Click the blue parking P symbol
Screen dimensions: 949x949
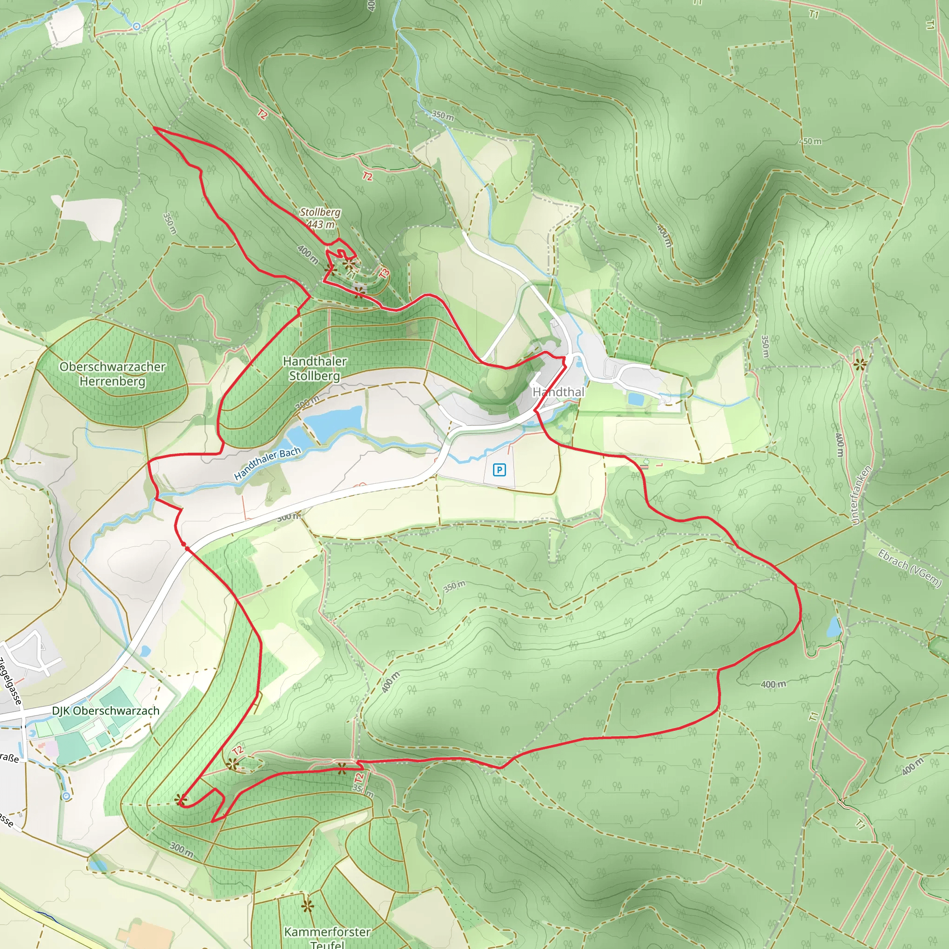tap(499, 470)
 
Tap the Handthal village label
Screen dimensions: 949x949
tap(558, 392)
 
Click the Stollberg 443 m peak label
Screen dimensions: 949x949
tap(320, 218)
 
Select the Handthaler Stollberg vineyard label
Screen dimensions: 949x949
tap(315, 368)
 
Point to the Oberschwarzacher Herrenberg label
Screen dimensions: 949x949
tap(113, 374)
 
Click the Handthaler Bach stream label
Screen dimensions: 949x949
tap(267, 463)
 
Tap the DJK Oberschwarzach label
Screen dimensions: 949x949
tap(106, 711)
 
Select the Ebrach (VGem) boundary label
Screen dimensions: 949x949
tap(910, 568)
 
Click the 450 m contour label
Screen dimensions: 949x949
tap(811, 141)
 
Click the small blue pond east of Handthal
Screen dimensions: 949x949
tap(635, 399)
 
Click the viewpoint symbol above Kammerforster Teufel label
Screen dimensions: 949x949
tap(308, 906)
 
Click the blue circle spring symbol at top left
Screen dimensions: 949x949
tap(137, 26)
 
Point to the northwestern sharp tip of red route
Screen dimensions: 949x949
tap(155, 128)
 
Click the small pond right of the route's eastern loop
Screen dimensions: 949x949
tap(834, 627)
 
